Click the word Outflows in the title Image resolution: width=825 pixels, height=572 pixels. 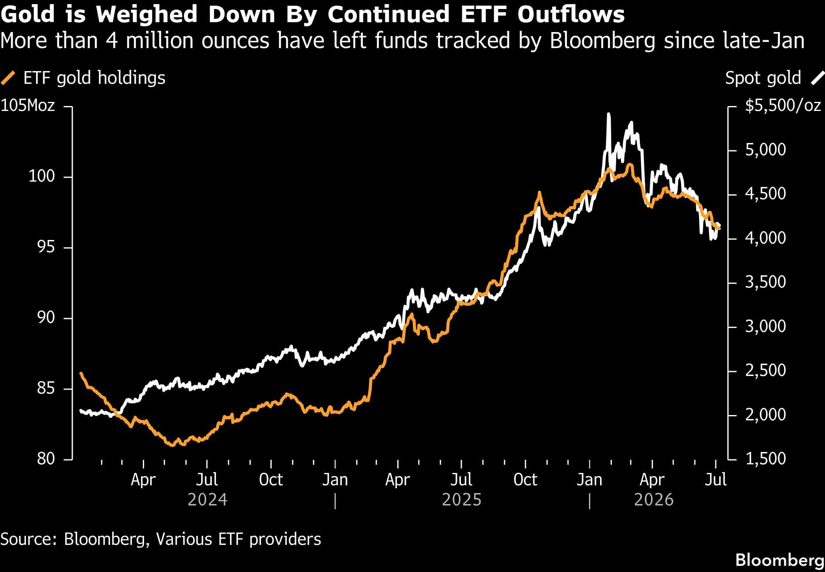coord(571,14)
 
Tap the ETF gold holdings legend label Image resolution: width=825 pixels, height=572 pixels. coord(94,78)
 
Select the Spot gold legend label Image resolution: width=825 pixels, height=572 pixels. coord(763,78)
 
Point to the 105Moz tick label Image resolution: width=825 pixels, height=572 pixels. coord(27,106)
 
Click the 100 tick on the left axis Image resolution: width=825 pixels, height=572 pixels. coord(41,176)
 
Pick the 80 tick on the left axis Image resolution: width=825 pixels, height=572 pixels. coord(46,459)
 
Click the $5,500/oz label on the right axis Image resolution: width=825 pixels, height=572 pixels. coord(783,106)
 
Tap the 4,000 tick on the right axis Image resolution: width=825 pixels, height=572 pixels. coord(765,238)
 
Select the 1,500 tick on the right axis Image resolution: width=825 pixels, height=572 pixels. coord(765,459)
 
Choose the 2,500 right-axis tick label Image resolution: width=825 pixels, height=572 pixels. coord(765,370)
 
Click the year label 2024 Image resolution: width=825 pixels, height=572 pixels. coord(207,500)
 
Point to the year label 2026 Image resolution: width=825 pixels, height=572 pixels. coord(654,500)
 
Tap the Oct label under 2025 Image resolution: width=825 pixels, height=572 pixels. coord(525,480)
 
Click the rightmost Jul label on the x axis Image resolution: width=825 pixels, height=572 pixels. coord(716,480)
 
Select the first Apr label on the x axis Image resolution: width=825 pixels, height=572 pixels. coord(143,480)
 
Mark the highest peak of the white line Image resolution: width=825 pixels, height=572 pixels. coord(608,114)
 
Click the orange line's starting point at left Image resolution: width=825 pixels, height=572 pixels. coord(81,374)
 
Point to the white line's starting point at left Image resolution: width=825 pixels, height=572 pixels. coord(81,410)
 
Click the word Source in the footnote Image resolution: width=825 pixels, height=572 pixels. coord(28,539)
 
